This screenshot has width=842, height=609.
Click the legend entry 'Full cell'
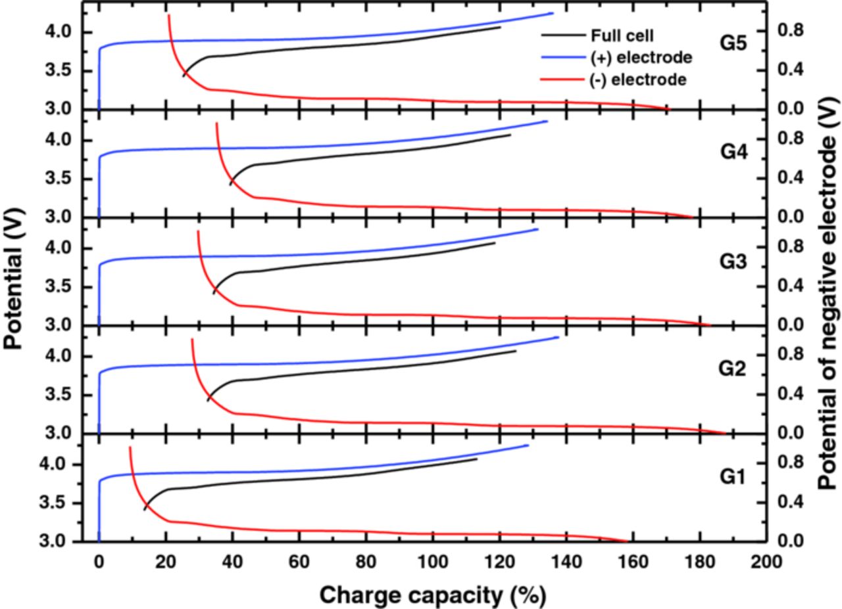pos(623,36)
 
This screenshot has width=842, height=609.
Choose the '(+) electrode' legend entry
pos(641,58)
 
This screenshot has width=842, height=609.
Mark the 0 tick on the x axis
pos(99,562)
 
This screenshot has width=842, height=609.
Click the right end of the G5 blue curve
pos(553,13)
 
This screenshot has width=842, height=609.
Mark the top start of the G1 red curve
pos(130,447)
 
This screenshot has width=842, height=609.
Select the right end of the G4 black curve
pos(510,135)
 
